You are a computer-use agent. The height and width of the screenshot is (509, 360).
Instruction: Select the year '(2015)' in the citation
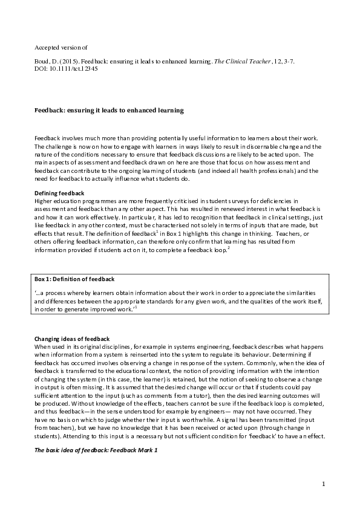pos(64,61)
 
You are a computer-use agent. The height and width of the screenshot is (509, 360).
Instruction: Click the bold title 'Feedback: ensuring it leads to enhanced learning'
pos(109,111)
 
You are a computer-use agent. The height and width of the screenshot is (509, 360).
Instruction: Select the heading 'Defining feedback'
pos(59,193)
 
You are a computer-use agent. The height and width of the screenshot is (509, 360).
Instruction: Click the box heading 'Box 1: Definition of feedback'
pos(74,279)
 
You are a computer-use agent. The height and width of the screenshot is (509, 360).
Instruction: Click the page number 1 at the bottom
pos(324,484)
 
